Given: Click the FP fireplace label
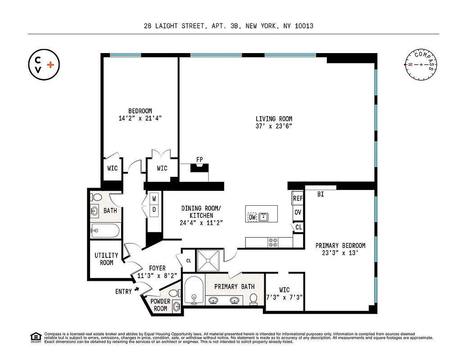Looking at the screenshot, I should [x=199, y=160].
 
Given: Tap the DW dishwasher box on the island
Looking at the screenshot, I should [x=252, y=217].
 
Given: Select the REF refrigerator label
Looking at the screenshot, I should [x=298, y=198].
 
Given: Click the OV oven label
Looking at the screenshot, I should [x=298, y=212].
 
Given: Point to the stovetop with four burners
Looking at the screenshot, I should [x=273, y=242].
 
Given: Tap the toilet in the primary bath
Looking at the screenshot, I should [x=254, y=298].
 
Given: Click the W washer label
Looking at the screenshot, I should [x=154, y=198].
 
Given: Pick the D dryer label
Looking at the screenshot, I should [x=154, y=210].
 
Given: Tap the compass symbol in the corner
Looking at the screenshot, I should [x=421, y=65].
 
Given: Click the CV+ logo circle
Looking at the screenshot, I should [x=44, y=65].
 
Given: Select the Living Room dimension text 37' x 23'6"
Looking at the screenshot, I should [x=274, y=126].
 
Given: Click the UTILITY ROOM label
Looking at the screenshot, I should [x=106, y=259].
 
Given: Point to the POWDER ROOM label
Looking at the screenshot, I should [x=160, y=305].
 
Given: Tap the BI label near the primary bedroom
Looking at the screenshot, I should [x=321, y=194].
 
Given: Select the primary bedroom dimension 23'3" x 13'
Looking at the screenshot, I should [x=340, y=253].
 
